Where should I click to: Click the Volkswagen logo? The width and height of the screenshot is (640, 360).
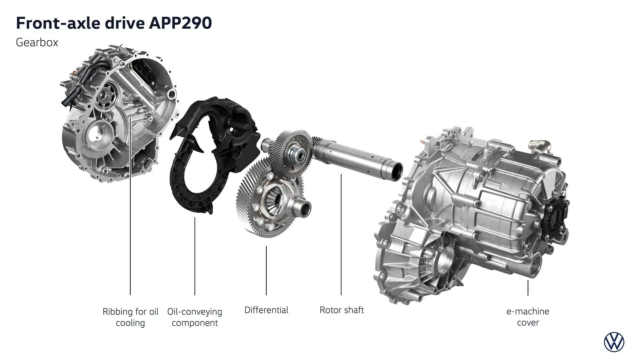point(614,342)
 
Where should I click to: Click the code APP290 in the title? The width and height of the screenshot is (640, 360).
point(180,23)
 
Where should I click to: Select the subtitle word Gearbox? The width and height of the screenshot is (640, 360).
point(37,43)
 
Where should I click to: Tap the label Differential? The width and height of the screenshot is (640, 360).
point(266,310)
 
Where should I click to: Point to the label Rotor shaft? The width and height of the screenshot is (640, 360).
point(342,310)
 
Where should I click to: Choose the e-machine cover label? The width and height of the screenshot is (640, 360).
point(528,317)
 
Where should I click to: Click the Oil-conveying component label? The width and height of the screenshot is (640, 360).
point(195,317)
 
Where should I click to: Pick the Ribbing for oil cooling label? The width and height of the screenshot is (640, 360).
point(130,317)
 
